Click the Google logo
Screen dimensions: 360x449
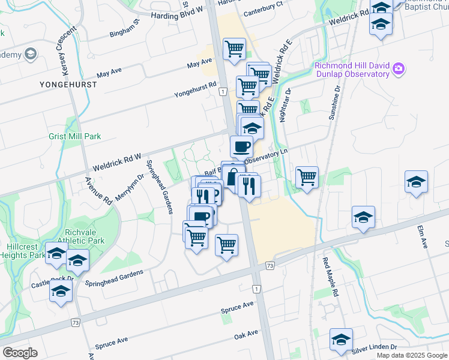point(20,353)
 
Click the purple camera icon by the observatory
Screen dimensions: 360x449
point(398,70)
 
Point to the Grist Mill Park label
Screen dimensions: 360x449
point(74,136)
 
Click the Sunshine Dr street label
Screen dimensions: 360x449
point(334,102)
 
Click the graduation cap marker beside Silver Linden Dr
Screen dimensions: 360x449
point(341,340)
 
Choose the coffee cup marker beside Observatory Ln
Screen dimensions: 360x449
point(241,146)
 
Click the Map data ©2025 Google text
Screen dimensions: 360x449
point(411,355)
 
